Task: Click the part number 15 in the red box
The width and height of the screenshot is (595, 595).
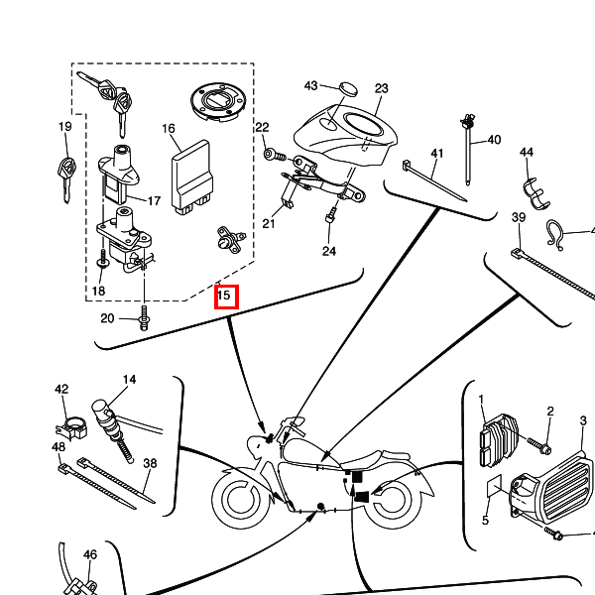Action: point(225,296)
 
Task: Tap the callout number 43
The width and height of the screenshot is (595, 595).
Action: point(310,86)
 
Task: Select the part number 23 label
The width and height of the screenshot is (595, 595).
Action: point(382,88)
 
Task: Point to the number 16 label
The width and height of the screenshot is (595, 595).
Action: point(169,129)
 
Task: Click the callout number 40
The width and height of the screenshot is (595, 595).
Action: point(494,140)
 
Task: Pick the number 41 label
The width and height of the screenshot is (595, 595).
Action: point(437,153)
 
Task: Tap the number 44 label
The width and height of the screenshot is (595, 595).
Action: point(526,152)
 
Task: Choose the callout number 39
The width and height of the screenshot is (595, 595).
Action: point(518,218)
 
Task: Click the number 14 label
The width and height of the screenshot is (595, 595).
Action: point(129,381)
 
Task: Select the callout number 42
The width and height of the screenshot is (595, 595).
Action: point(61,390)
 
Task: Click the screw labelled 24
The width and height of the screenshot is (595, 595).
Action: point(331,214)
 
